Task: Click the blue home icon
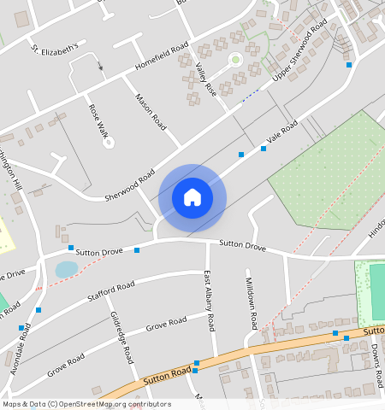click(x=192, y=197)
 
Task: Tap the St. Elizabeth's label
click(x=55, y=46)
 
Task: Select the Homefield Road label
click(x=161, y=57)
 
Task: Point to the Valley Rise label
click(x=205, y=79)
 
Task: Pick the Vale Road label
click(x=281, y=131)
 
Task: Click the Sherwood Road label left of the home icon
click(x=129, y=184)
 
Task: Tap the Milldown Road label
click(x=251, y=304)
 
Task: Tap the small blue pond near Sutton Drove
click(x=66, y=270)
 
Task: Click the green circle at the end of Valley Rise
click(x=235, y=59)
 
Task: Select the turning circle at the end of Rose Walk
click(x=109, y=142)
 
